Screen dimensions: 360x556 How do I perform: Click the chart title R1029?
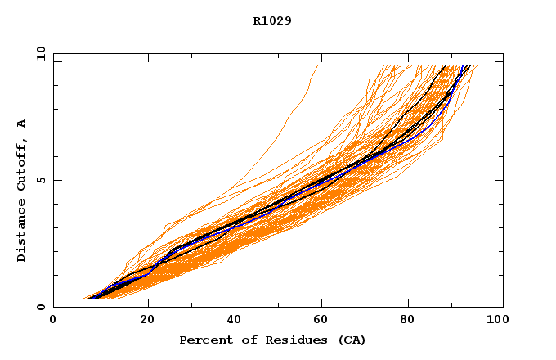pyautogui.click(x=272, y=20)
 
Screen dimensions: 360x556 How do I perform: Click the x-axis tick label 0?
pyautogui.click(x=53, y=320)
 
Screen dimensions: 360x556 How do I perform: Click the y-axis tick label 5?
pyautogui.click(x=41, y=180)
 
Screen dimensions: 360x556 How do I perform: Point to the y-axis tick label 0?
pyautogui.click(x=41, y=307)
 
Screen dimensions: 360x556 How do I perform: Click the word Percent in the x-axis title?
pyautogui.click(x=203, y=340)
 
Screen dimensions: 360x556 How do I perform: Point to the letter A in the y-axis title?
pyautogui.click(x=22, y=124)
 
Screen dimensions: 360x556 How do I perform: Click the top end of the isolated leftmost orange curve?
pyautogui.click(x=316, y=66)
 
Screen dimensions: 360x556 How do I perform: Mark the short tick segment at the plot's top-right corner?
pyautogui.click(x=498, y=61)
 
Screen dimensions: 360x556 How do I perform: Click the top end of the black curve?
pyautogui.click(x=445, y=66)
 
